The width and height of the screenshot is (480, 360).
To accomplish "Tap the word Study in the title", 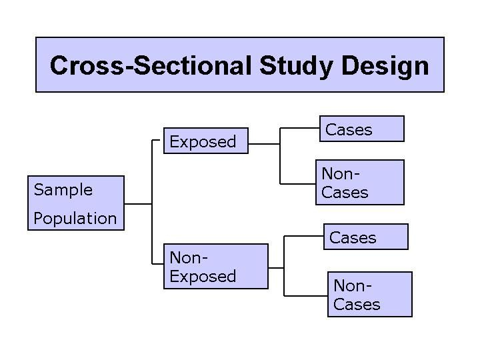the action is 296,67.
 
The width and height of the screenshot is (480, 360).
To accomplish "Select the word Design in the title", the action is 385,67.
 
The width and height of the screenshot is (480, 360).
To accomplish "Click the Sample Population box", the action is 76,203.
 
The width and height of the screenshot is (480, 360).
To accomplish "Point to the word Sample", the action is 63,191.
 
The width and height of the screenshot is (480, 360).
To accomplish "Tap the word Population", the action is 75,218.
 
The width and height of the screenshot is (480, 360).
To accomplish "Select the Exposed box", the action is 206,141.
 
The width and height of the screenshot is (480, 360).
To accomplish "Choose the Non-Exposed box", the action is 216,266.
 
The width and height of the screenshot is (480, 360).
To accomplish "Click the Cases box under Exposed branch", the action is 362,129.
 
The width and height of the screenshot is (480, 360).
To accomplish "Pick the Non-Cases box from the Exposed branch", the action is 360,183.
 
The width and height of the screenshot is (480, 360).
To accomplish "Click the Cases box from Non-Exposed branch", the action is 366,237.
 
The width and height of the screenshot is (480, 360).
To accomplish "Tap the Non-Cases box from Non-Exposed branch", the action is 370,295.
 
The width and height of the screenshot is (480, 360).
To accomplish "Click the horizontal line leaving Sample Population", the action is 138,204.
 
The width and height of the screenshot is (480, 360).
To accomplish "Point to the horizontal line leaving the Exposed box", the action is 264,144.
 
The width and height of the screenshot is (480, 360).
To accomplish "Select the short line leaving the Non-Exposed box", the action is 276,268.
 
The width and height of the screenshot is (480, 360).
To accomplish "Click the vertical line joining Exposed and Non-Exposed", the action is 152,202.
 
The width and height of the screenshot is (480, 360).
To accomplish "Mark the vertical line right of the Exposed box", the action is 280,156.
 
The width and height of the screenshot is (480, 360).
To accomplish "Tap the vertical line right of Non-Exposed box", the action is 284,266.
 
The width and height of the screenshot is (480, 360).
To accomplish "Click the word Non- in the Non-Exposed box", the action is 189,258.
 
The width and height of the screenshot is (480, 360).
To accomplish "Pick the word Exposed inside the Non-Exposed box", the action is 203,277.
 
